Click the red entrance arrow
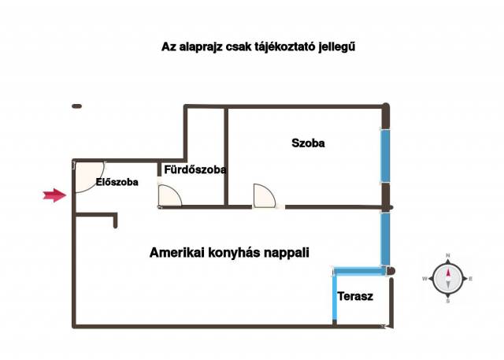pos(54,196)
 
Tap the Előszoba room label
pos(117,182)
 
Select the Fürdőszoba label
pos(195,169)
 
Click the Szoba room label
pos(308,143)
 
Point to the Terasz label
pos(354,297)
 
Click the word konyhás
pos(233,253)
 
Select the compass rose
pos(447,278)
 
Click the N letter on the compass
pos(447,256)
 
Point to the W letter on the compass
pos(425,279)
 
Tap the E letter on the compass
pos(470,279)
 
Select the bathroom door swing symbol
pos(169,195)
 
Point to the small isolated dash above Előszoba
pos(76,106)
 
